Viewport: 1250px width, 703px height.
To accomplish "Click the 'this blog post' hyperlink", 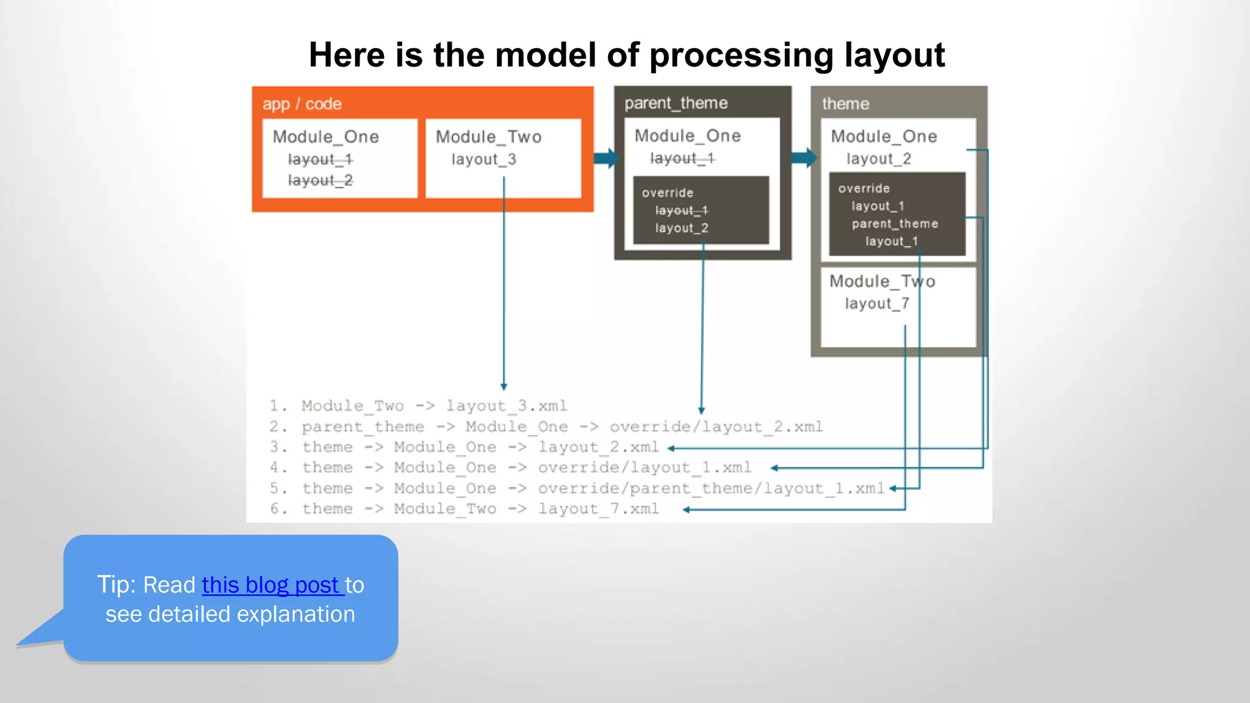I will pyautogui.click(x=272, y=585).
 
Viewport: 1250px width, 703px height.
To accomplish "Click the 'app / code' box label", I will pyautogui.click(x=302, y=104).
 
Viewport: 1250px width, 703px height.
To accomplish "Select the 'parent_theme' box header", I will pyautogui.click(x=676, y=103).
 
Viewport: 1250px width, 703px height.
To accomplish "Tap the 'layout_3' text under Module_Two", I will pyautogui.click(x=483, y=159).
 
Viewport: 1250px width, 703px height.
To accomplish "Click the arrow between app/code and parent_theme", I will pyautogui.click(x=605, y=158).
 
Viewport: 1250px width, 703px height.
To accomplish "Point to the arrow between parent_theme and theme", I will pyautogui.click(x=803, y=158).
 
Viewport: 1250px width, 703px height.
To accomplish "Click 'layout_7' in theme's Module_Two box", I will pyautogui.click(x=876, y=303).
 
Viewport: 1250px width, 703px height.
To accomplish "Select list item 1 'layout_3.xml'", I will pyautogui.click(x=506, y=406).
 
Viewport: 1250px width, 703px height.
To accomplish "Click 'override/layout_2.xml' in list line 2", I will pyautogui.click(x=716, y=427).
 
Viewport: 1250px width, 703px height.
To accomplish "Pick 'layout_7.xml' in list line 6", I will pyautogui.click(x=598, y=509).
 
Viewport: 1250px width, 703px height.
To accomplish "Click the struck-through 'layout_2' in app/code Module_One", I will pyautogui.click(x=320, y=181).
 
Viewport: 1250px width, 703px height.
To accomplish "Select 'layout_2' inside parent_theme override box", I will pyautogui.click(x=681, y=228).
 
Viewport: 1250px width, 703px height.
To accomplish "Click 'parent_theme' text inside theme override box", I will pyautogui.click(x=895, y=224).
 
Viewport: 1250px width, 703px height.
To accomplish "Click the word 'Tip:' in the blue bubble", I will pyautogui.click(x=117, y=585).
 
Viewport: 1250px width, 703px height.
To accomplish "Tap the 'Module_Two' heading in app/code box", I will pyautogui.click(x=488, y=137).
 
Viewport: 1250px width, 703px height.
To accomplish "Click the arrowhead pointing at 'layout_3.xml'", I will pyautogui.click(x=504, y=387).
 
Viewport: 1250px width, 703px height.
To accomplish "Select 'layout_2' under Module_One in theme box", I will pyautogui.click(x=878, y=159).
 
